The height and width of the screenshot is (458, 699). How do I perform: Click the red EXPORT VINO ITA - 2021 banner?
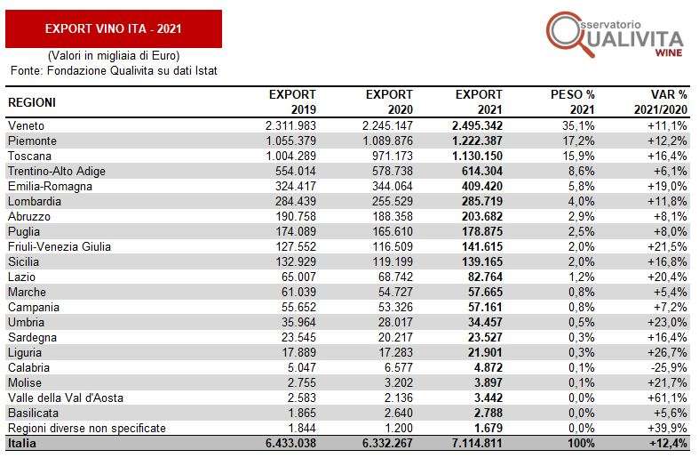pyautogui.click(x=114, y=29)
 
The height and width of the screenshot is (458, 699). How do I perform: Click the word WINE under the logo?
pyautogui.click(x=669, y=52)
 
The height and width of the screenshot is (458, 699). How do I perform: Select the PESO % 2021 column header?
pyautogui.click(x=572, y=102)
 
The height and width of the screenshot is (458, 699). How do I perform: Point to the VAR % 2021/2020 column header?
pyautogui.click(x=661, y=102)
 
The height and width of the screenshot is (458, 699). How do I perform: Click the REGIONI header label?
pyautogui.click(x=32, y=102)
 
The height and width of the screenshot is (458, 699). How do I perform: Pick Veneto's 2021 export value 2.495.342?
pyautogui.click(x=477, y=126)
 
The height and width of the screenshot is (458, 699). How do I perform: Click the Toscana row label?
pyautogui.click(x=29, y=157)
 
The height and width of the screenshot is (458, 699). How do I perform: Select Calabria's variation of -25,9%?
pyautogui.click(x=667, y=368)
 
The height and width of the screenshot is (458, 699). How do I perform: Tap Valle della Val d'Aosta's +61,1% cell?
pyautogui.click(x=667, y=398)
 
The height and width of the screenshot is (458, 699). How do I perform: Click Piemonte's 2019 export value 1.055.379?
pyautogui.click(x=290, y=141)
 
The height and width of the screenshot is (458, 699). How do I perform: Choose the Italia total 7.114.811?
pyautogui.click(x=477, y=444)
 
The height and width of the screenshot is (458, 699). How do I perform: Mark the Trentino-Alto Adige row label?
pyautogui.click(x=57, y=172)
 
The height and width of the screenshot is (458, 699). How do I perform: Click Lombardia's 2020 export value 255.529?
pyautogui.click(x=393, y=201)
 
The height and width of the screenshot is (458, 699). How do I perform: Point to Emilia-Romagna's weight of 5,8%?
pyautogui.click(x=581, y=186)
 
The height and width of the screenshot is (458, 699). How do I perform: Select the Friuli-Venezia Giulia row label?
pyautogui.click(x=60, y=247)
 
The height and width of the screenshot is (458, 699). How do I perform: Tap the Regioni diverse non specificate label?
pyautogui.click(x=87, y=429)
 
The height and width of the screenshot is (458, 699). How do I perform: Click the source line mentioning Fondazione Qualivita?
pyautogui.click(x=114, y=71)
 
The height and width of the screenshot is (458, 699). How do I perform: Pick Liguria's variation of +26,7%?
pyautogui.click(x=667, y=353)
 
